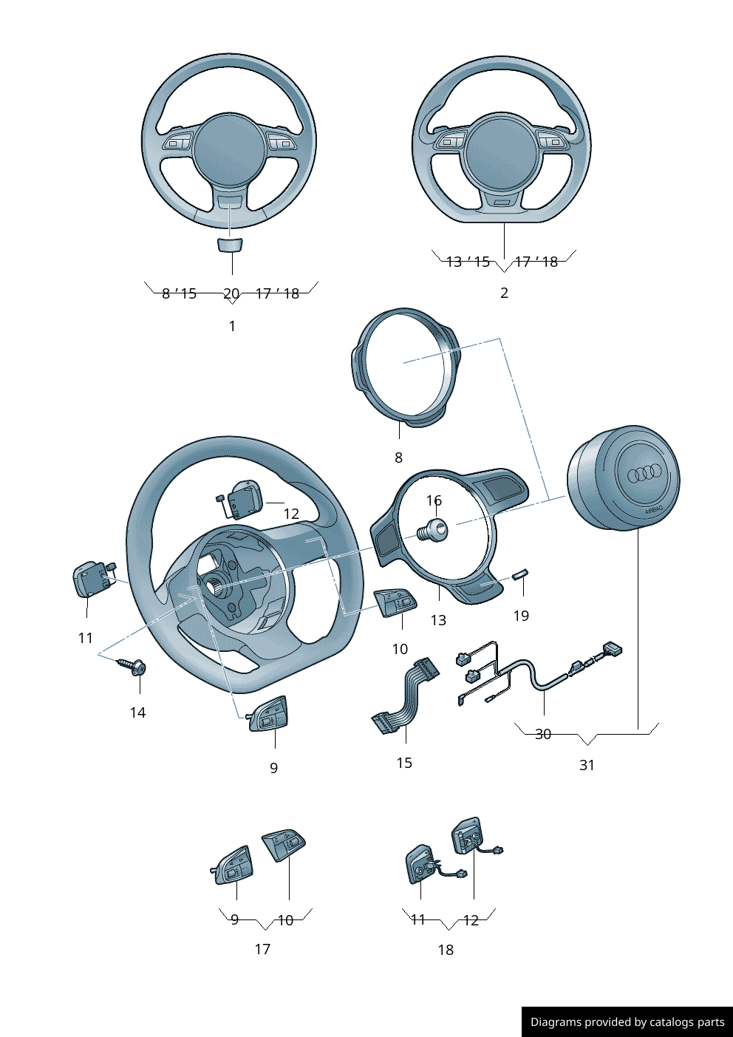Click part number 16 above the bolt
click(434, 501)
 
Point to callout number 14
click(137, 713)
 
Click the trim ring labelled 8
click(405, 367)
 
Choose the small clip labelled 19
click(522, 574)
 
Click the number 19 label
click(521, 616)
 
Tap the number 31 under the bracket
click(587, 765)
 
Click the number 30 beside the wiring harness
click(543, 734)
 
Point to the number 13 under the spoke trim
click(438, 620)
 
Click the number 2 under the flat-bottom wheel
click(504, 293)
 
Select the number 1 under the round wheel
click(232, 326)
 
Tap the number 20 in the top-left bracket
click(231, 293)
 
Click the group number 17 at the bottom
click(262, 949)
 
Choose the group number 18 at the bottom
click(446, 950)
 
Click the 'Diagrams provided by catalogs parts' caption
click(627, 1022)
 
